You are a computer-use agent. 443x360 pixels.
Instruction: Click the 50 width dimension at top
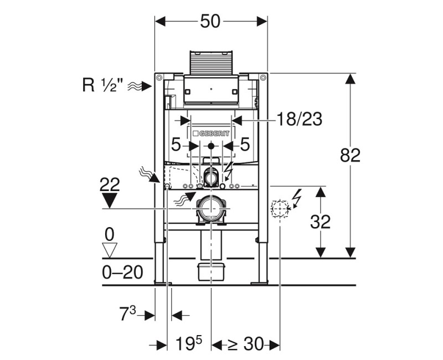point(210,21)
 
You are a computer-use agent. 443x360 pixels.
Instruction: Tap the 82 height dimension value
point(351,155)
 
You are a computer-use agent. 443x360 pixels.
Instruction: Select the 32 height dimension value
point(320,222)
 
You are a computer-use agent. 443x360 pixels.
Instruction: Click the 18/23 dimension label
point(299,119)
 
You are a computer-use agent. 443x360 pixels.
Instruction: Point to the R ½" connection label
point(103,85)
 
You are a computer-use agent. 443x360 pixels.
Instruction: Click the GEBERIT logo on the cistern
point(211,133)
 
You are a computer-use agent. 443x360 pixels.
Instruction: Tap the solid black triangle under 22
point(110,200)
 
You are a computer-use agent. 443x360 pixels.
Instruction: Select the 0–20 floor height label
point(122,272)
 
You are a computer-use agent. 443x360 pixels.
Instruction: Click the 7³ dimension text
point(128,314)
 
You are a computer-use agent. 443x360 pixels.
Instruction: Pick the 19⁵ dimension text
point(189,343)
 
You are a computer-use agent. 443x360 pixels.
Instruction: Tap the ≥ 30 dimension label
point(245,344)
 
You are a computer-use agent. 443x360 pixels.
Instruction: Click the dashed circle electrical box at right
point(280,209)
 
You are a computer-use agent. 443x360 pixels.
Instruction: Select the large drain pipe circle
point(212,209)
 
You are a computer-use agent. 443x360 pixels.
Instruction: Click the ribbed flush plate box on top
point(211,63)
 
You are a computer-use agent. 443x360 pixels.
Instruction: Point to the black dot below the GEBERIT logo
point(211,146)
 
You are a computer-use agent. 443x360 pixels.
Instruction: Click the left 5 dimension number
point(176,146)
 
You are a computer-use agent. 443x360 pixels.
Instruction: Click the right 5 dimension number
point(245,145)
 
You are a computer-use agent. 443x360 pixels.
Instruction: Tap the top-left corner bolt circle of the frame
point(159,77)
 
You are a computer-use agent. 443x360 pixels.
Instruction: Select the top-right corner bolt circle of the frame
point(263,77)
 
